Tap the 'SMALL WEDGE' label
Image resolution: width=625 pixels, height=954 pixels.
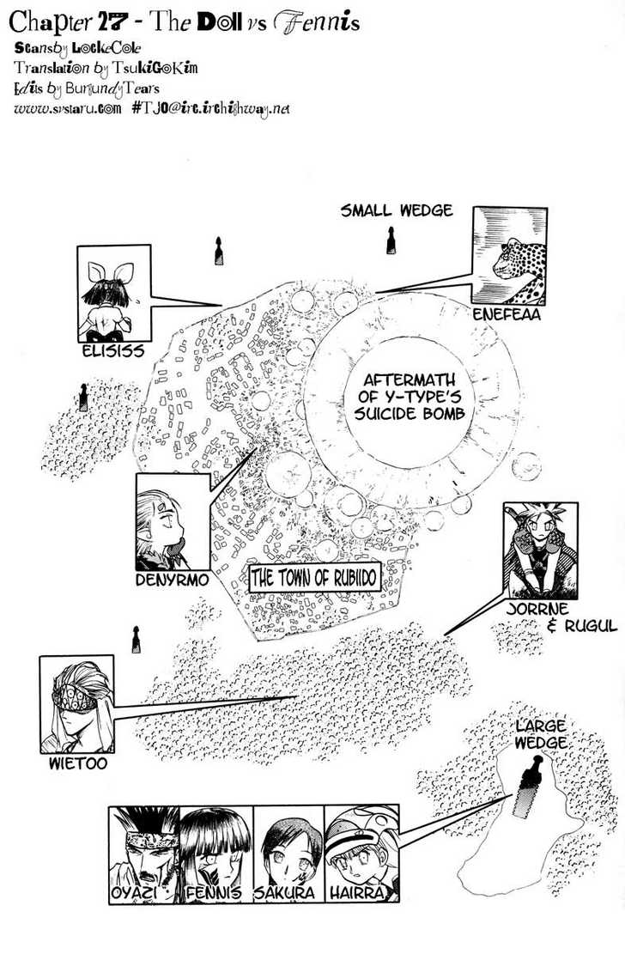point(396,211)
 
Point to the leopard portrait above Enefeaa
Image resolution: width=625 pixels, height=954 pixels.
point(508,256)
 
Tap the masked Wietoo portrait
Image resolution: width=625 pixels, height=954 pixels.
point(76,703)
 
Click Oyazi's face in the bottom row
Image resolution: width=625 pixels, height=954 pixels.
point(143,845)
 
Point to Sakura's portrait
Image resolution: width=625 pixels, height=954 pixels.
point(288,845)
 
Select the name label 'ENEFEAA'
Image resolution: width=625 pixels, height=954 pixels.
point(507,315)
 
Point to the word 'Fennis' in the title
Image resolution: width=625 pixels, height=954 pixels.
point(317,22)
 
